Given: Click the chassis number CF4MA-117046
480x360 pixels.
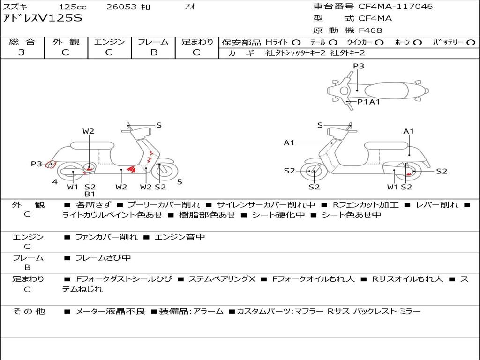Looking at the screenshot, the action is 396,7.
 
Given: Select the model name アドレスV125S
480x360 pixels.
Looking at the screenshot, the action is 43,18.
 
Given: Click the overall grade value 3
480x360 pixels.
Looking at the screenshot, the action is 22,52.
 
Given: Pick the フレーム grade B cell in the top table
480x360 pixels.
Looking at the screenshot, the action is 153,52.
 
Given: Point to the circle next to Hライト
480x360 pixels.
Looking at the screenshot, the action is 296,43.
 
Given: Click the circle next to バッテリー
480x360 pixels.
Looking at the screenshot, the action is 471,43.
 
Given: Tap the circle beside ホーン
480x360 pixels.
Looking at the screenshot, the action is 418,43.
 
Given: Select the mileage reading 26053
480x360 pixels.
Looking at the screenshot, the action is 121,7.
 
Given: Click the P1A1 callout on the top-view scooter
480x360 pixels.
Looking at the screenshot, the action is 369,102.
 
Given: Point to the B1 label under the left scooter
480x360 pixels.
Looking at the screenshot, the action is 90,194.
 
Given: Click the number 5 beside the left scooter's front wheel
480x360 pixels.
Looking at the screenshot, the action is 180,182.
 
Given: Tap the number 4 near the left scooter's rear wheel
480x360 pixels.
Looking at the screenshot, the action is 55,182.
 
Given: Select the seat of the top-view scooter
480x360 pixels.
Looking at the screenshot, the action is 386,91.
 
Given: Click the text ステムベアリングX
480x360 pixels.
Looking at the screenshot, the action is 222,279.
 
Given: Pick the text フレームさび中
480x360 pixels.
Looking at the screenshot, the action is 103,258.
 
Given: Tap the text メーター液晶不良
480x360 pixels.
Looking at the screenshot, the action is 110,311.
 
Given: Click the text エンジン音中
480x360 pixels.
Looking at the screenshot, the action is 180,237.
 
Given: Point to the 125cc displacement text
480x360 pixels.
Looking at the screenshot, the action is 73,7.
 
